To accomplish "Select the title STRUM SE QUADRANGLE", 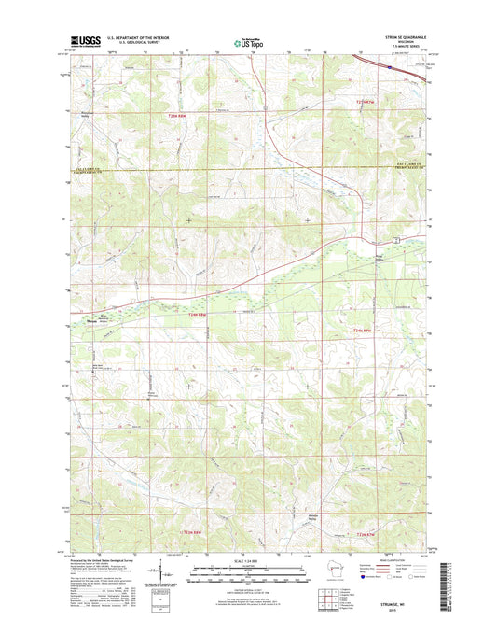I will coord(403,36).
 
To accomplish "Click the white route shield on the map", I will coord(395,241).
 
